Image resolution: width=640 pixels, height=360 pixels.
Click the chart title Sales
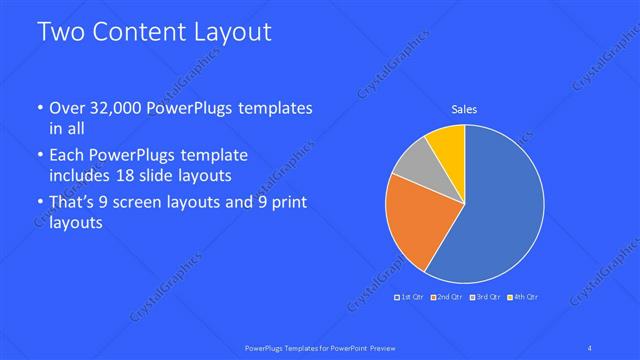coord(464,109)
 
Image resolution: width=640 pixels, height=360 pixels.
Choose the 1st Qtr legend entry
coord(410,297)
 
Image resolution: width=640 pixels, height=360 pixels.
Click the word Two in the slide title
coord(62,32)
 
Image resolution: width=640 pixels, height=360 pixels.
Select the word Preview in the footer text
coord(378,347)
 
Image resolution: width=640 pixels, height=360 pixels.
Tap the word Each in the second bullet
coord(68,155)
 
